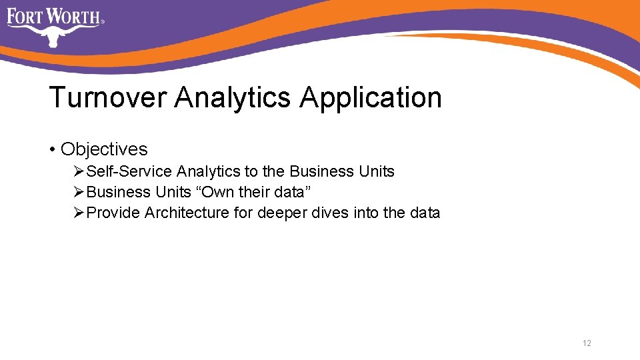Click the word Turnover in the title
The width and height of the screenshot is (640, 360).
[107, 97]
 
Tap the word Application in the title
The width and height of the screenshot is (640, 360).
[371, 97]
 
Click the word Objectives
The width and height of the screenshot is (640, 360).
[104, 149]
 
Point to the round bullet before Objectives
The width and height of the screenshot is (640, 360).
[52, 149]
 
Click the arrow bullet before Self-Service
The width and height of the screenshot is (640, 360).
[79, 171]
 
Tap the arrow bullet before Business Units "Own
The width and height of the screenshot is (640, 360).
[79, 192]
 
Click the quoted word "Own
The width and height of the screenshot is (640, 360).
[215, 192]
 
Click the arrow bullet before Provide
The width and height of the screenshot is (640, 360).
[79, 213]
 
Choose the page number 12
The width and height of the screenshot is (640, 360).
[587, 343]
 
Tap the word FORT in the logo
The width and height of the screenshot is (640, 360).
[25, 15]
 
